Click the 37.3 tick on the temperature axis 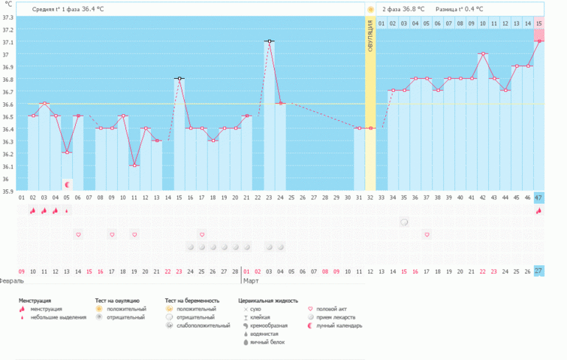pos(7,16)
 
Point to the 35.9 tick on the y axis pos(7,191)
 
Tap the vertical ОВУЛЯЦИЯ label pos(370,35)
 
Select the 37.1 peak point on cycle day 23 pos(270,41)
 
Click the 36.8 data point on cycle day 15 pos(180,78)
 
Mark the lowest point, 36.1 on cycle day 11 pos(134,166)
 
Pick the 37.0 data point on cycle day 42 pos(483,54)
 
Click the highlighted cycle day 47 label pos(539,197)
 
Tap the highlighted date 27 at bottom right pos(539,271)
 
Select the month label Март pos(251,281)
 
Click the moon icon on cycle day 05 pos(67,184)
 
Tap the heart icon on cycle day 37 pos(426,234)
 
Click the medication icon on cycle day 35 pos(404,222)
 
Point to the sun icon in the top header pos(370,9)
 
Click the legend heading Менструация pos(40,300)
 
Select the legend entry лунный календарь pos(338,325)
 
